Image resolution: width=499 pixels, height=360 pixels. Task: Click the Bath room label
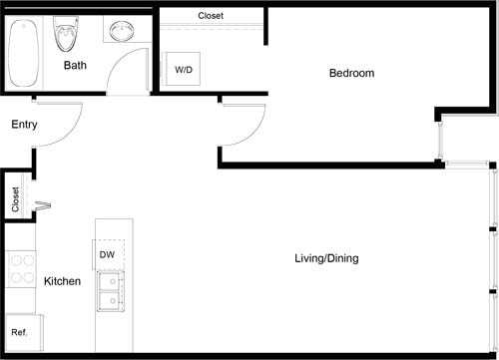pyautogui.click(x=75, y=66)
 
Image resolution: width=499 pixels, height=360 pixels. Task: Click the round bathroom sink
pyautogui.click(x=123, y=32)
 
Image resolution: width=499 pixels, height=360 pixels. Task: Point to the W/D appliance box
pyautogui.click(x=184, y=70)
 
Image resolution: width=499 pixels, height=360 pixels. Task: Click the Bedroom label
pyautogui.click(x=351, y=73)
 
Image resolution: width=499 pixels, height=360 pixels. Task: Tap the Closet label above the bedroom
pyautogui.click(x=211, y=16)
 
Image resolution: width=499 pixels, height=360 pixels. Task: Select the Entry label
pyautogui.click(x=25, y=125)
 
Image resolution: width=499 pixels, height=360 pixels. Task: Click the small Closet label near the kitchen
pyautogui.click(x=15, y=199)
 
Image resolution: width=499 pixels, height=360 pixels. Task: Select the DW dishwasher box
pyautogui.click(x=108, y=254)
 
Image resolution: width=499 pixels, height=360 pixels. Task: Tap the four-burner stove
pyautogui.click(x=21, y=268)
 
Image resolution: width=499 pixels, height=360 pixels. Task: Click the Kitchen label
pyautogui.click(x=62, y=282)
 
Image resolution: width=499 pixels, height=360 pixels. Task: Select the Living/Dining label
pyautogui.click(x=326, y=258)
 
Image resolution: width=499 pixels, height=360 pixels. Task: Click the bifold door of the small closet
pyautogui.click(x=43, y=206)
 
